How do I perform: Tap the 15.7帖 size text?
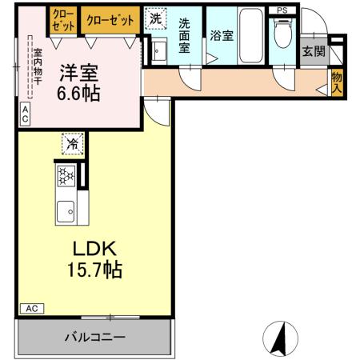[94, 270]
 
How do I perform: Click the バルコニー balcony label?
[94, 338]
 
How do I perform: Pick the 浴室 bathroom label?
[220, 36]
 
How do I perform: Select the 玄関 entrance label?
[313, 52]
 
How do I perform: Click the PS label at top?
[282, 9]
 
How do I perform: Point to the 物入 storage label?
[337, 82]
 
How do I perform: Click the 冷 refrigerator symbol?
[72, 144]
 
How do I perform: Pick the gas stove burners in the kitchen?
[66, 175]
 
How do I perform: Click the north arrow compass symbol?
[279, 337]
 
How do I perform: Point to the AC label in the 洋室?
[25, 114]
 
